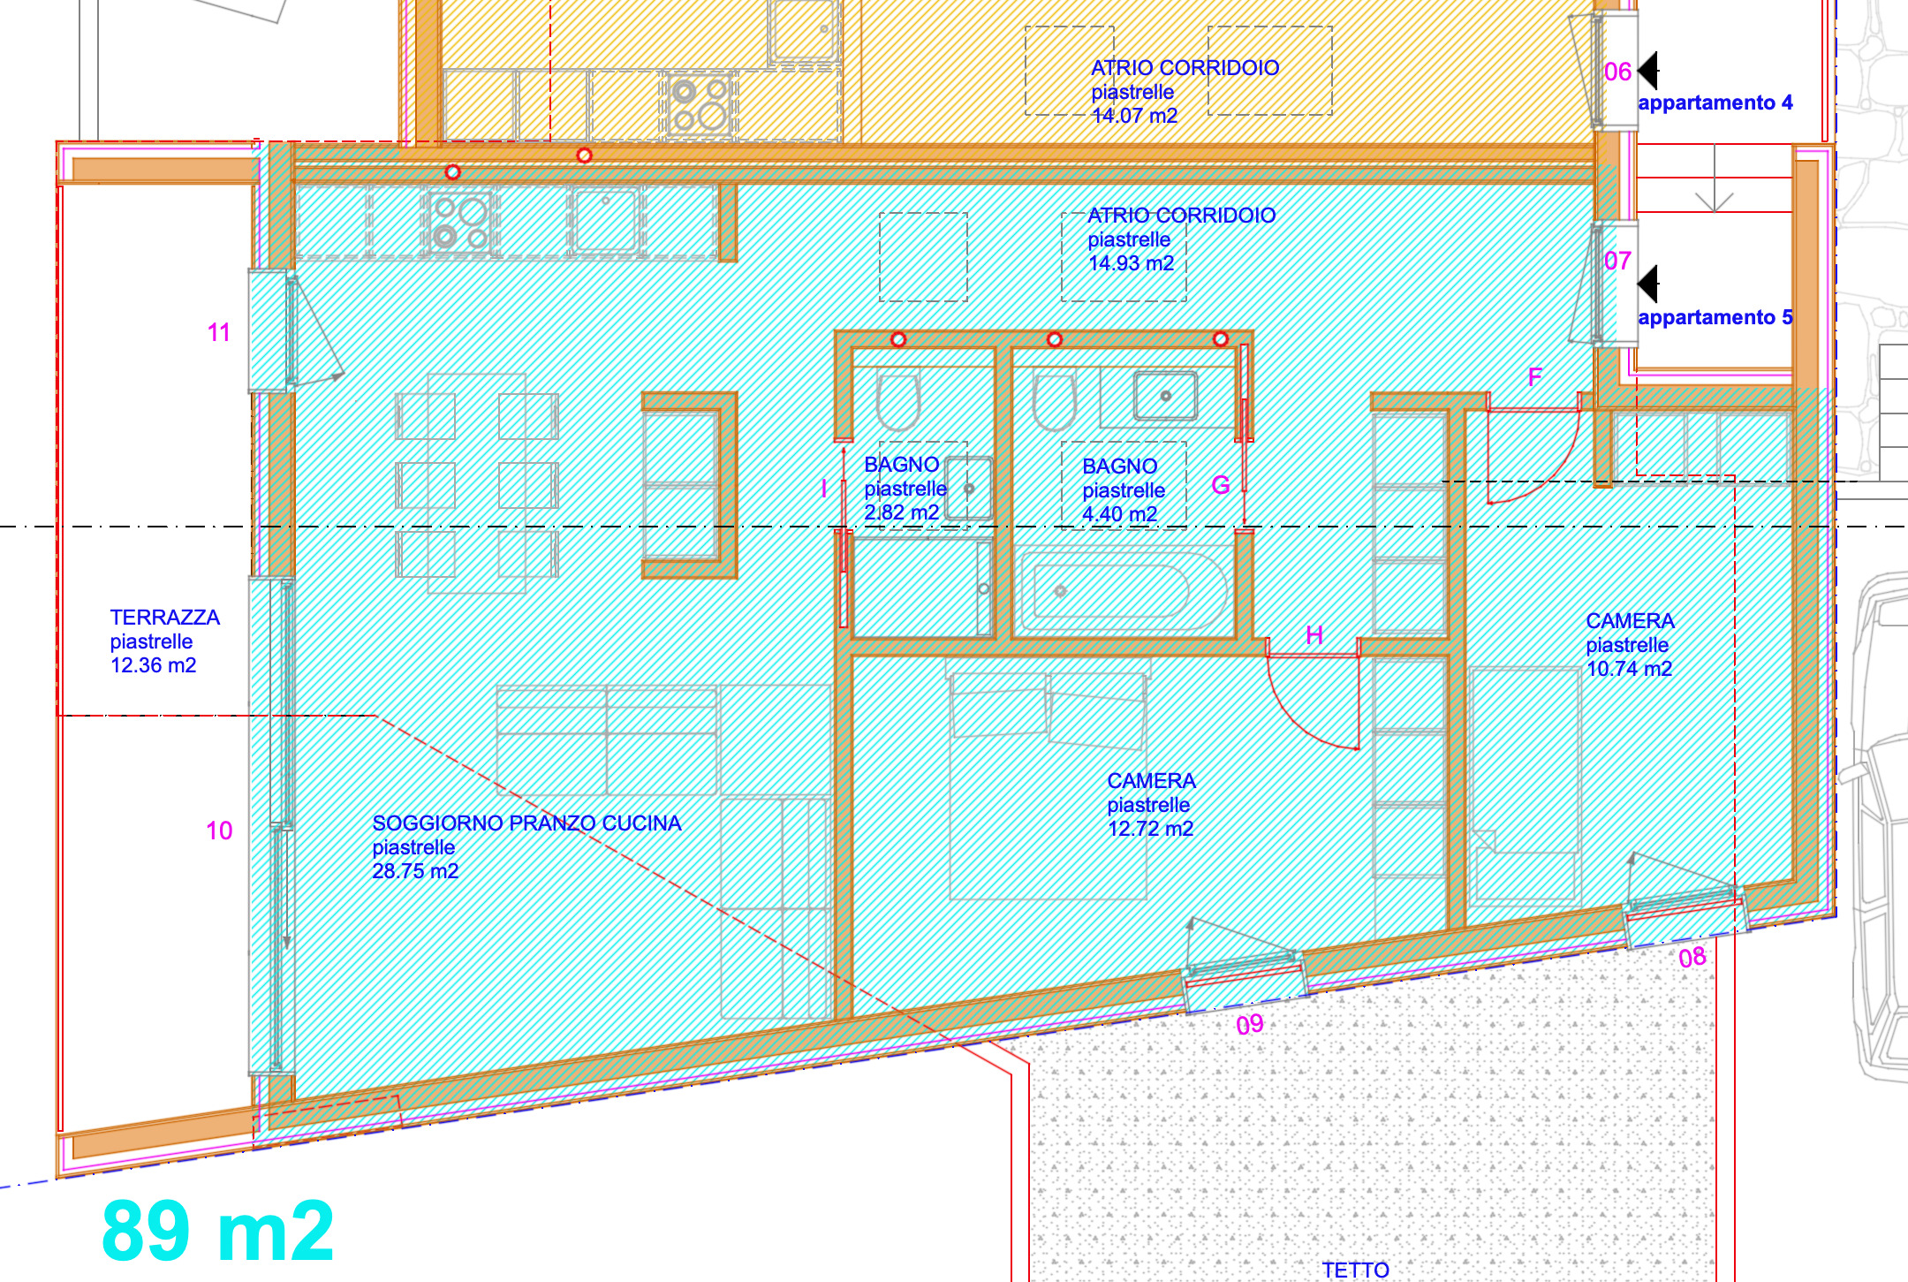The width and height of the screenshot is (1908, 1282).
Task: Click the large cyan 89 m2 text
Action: coord(217,1231)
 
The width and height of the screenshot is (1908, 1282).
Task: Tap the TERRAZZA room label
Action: coord(164,618)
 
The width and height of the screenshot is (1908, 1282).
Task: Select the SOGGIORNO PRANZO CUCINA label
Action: coord(526,823)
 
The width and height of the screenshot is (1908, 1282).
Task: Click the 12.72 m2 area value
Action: coord(1150,829)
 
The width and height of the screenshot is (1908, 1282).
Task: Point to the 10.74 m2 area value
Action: coord(1629,669)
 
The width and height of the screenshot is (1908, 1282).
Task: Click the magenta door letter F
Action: coord(1535,377)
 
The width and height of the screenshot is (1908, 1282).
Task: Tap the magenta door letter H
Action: coord(1314,635)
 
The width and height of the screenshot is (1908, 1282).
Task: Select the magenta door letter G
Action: coord(1221,485)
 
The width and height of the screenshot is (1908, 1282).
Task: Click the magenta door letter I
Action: coord(824,489)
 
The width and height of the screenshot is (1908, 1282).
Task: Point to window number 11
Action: coord(219,333)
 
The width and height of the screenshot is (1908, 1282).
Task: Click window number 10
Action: coord(219,831)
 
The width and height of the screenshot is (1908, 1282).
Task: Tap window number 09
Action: coord(1249,1025)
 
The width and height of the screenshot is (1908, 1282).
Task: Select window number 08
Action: coord(1692,958)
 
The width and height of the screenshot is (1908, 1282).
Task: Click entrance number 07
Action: coord(1617,261)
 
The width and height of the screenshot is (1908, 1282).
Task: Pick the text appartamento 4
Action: coord(1715,102)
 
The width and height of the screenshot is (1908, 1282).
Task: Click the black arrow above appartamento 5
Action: coord(1648,284)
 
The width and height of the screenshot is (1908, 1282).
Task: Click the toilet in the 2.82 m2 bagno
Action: coord(898,402)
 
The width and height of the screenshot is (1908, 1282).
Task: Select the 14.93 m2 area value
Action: coord(1131,263)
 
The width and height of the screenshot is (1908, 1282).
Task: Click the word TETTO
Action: coord(1355,1270)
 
